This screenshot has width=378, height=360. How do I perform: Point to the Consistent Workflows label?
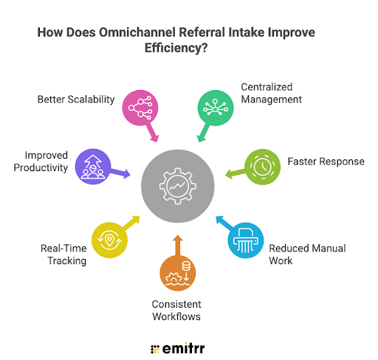click(x=178, y=310)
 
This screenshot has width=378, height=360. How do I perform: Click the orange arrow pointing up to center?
click(x=177, y=244)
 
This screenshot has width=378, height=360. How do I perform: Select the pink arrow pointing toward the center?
click(x=154, y=134)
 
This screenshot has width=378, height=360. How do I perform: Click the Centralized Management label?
click(x=272, y=94)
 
